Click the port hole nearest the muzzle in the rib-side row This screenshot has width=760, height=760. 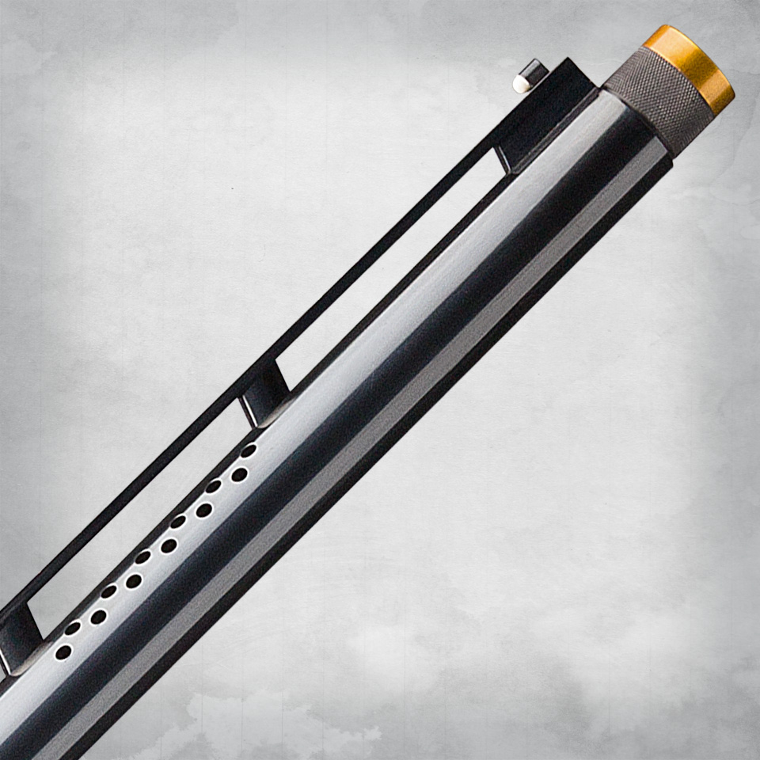point(249,450)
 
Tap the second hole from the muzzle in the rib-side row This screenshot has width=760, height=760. point(214,486)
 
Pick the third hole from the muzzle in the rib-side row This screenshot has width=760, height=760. point(178,522)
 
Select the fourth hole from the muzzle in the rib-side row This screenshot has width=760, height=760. point(142,557)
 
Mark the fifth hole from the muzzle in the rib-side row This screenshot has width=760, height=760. point(108,592)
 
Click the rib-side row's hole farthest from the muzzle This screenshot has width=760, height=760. point(72,628)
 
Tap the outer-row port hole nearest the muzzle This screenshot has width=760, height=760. point(239,475)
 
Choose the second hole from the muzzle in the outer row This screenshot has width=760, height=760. point(204,511)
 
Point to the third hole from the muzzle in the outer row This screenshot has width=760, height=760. point(169,545)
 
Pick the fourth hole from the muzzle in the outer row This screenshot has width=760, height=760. point(133,581)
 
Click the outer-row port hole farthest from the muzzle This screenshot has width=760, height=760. point(63,652)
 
